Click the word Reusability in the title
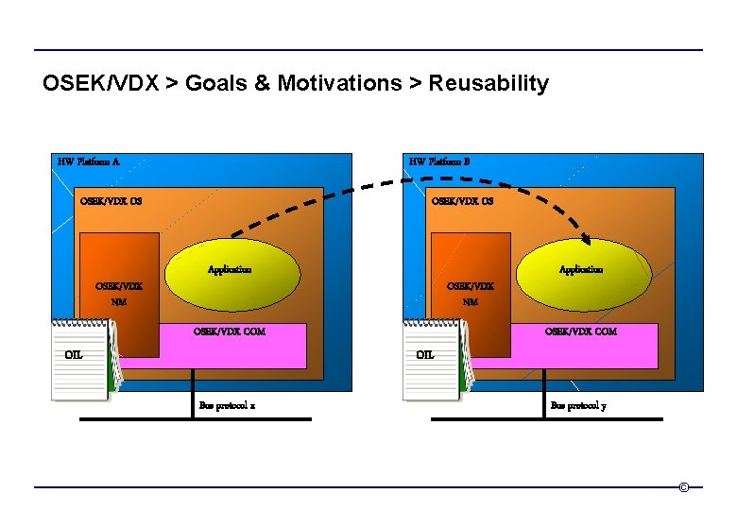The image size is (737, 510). [x=488, y=84]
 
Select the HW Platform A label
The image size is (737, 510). [x=89, y=161]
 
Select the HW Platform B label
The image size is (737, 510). [x=439, y=161]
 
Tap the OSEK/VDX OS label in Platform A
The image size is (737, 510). [x=111, y=200]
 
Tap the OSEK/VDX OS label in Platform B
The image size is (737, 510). [x=462, y=200]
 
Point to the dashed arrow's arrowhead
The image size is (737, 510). [x=590, y=238]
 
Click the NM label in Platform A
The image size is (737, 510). [x=119, y=303]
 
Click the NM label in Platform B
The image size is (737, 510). [x=471, y=303]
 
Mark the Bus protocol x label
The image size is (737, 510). [x=227, y=405]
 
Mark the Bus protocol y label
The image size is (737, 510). [x=578, y=405]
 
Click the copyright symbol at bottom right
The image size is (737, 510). [x=684, y=487]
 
